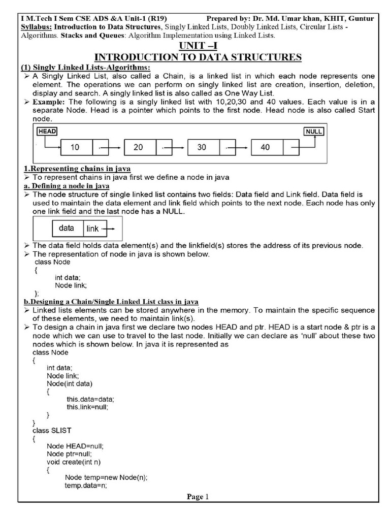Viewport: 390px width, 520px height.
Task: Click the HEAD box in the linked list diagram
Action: tap(47, 131)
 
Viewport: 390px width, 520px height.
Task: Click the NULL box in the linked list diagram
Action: tap(314, 131)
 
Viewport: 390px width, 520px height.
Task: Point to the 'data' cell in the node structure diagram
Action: tap(67, 229)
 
